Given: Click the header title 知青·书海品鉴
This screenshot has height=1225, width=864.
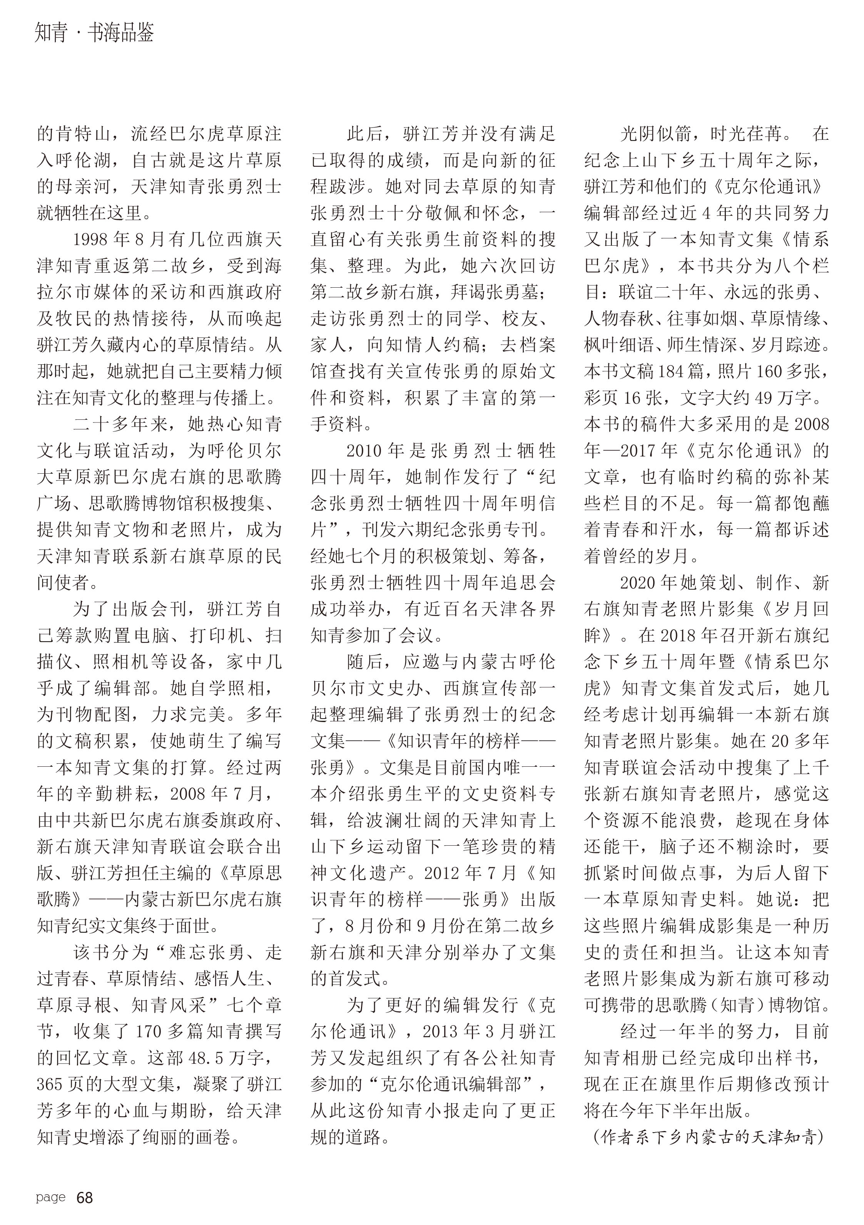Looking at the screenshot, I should coord(94,33).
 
